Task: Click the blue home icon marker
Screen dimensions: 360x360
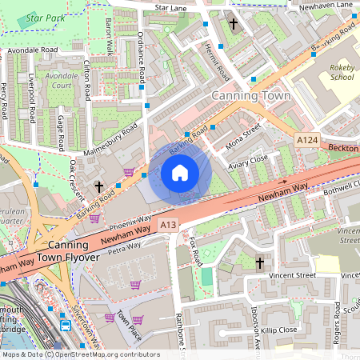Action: tap(180, 173)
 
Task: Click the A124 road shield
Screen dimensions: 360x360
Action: tap(307, 140)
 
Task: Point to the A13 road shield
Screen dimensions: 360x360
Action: tap(167, 226)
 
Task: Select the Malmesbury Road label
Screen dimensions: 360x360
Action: tap(111, 139)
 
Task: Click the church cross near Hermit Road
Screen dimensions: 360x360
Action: tap(234, 24)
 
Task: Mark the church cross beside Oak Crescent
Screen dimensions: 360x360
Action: tap(99, 186)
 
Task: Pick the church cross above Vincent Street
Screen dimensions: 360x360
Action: tap(259, 262)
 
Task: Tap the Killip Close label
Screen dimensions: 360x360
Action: tap(278, 330)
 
